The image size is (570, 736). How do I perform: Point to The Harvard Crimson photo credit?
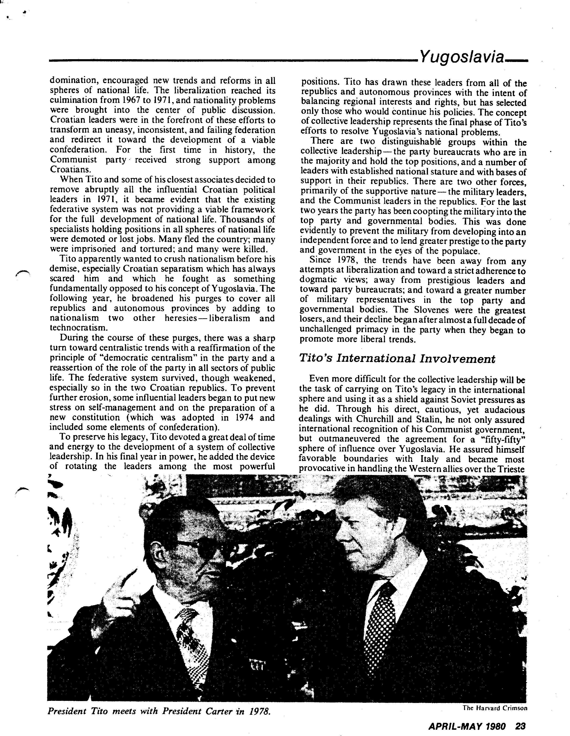point(495,708)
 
